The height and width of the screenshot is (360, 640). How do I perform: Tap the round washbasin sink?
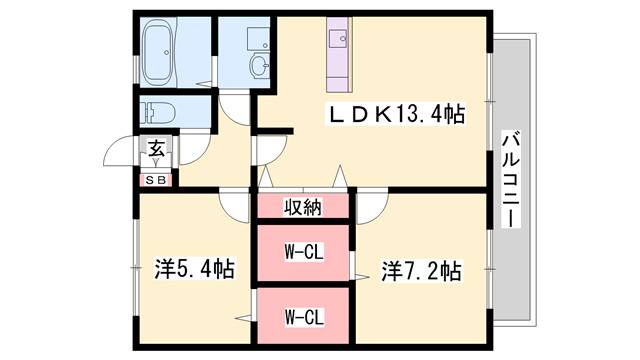point(259,67)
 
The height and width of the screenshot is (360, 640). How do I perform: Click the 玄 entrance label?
point(157,150)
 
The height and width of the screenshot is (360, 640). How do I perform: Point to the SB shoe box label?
point(157,180)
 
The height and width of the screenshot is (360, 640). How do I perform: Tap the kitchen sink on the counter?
point(335,40)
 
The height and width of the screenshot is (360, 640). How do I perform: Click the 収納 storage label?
point(304,207)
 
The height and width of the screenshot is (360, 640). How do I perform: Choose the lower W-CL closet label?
point(304,317)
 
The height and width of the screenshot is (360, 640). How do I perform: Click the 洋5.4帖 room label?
point(195,269)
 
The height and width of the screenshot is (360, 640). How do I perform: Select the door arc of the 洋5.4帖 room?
point(235,205)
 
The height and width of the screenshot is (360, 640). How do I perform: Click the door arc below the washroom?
point(236,108)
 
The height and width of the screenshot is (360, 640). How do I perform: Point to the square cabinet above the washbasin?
point(258,38)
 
